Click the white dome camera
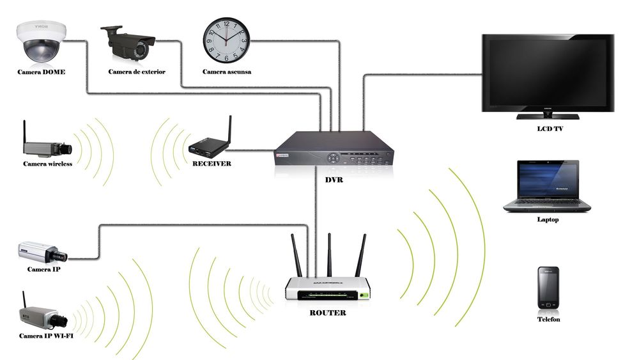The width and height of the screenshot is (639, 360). pyautogui.click(x=41, y=42)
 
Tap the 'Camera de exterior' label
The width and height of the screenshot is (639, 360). pyautogui.click(x=137, y=72)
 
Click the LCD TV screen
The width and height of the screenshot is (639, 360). pyautogui.click(x=548, y=72)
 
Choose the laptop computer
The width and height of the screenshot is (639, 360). pyautogui.click(x=547, y=186)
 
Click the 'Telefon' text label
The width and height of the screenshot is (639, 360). pyautogui.click(x=548, y=319)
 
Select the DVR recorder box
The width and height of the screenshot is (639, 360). pyautogui.click(x=334, y=150)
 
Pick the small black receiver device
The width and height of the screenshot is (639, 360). pyautogui.click(x=209, y=146)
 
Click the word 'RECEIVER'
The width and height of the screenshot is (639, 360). pyautogui.click(x=212, y=164)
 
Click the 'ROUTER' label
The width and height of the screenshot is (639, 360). pyautogui.click(x=328, y=313)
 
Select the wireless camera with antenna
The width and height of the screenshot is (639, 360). pyautogui.click(x=47, y=146)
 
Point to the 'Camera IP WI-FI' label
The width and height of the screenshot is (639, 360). pyautogui.click(x=45, y=336)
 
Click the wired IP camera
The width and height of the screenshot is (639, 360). pyautogui.click(x=42, y=253)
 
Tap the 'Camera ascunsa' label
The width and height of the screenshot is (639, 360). pyautogui.click(x=227, y=72)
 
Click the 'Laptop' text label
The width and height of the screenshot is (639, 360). pyautogui.click(x=548, y=220)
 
